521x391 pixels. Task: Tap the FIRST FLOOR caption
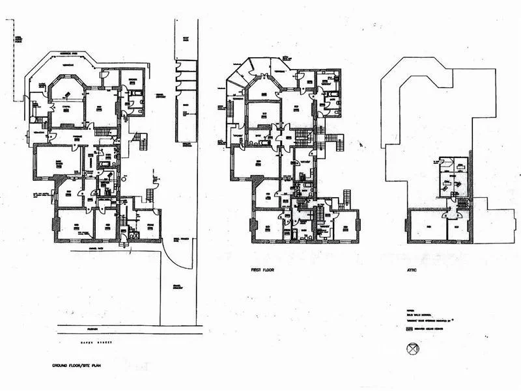[x=266, y=269]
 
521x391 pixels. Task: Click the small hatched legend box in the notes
[x=409, y=329]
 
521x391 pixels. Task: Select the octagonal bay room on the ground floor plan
[x=66, y=108]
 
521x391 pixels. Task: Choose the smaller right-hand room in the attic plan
[x=458, y=226]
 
